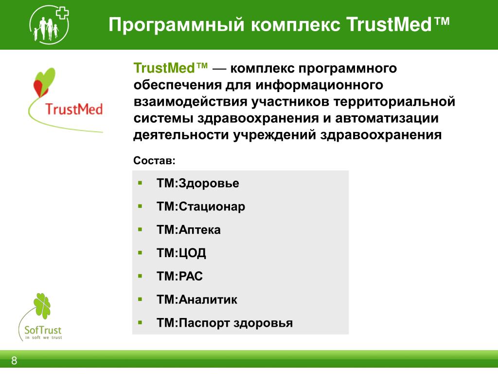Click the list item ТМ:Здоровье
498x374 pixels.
[x=197, y=183]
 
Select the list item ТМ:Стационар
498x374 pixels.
[x=201, y=206]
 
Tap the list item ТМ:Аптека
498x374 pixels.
[x=188, y=230]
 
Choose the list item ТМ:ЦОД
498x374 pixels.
[x=181, y=253]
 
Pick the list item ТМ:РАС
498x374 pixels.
[x=179, y=276]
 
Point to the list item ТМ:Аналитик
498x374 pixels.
[x=197, y=299]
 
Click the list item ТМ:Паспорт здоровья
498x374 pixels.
[x=225, y=323]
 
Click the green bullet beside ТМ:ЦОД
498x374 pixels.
[x=140, y=253]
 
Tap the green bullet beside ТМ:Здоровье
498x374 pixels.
[x=140, y=183]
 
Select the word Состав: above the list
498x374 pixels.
[x=154, y=160]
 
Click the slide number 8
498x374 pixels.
[x=14, y=361]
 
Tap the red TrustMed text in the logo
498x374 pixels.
[x=74, y=109]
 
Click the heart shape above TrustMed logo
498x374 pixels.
[x=44, y=82]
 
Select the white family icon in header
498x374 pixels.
[x=47, y=28]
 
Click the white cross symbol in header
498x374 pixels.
[x=62, y=13]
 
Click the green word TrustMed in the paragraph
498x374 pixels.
[x=164, y=68]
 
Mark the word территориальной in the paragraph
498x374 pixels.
[x=394, y=101]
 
